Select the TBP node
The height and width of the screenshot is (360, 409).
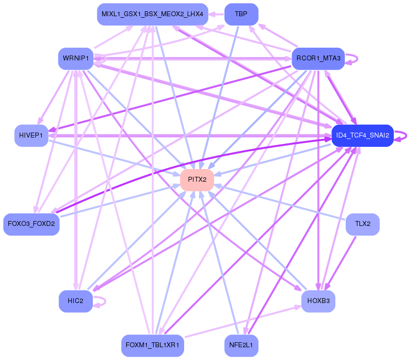[241, 14]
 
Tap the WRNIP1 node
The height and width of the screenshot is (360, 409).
[76, 58]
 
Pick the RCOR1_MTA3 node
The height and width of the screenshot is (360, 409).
[318, 58]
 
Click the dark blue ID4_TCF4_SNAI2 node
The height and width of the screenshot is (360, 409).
[362, 135]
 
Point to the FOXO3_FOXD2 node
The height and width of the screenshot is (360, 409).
[31, 224]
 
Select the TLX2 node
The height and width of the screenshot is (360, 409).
[362, 224]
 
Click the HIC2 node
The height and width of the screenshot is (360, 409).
[76, 301]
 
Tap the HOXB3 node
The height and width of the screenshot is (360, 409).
[318, 301]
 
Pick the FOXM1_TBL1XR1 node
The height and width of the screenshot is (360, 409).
[153, 345]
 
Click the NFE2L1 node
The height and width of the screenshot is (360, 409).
[241, 345]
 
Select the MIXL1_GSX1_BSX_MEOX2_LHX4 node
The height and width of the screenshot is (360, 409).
[153, 14]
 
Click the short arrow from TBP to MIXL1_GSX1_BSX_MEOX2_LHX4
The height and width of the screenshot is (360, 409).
[216, 14]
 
